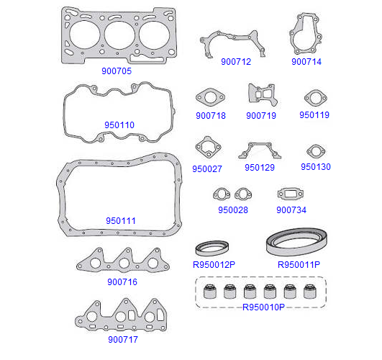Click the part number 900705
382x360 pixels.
(117, 71)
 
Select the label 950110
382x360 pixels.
(119, 125)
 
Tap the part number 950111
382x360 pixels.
(121, 221)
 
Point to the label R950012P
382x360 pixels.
(214, 264)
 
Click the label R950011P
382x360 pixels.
(299, 264)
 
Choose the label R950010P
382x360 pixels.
(263, 307)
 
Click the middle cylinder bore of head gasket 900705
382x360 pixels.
(119, 35)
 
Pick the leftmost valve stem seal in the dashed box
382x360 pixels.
(210, 291)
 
